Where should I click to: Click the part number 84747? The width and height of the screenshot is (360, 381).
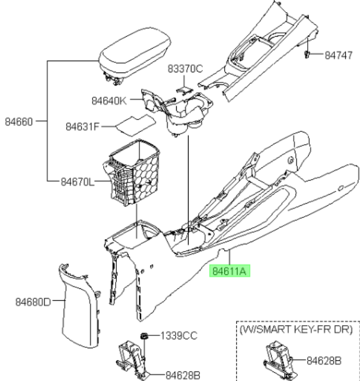coord(339,55)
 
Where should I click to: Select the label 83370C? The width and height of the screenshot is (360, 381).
coord(185,69)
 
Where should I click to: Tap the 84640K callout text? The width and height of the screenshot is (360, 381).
coord(109,101)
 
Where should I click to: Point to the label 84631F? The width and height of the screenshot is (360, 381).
coord(82,126)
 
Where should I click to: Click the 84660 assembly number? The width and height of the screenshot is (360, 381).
coord(19,122)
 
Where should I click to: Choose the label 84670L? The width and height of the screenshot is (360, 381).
coord(77,182)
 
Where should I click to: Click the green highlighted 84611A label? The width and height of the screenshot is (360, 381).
coord(230,271)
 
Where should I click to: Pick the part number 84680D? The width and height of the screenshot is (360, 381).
coord(33,302)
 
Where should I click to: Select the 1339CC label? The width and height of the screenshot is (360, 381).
coord(179,336)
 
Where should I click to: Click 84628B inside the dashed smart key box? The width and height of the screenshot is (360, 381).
coord(324,361)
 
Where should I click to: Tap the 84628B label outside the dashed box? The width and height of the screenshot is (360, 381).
coord(183,376)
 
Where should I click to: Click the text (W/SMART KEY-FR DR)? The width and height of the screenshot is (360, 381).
coord(296,329)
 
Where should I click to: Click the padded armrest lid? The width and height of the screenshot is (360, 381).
coord(135,55)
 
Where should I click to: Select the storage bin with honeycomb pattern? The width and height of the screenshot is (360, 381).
coord(132,173)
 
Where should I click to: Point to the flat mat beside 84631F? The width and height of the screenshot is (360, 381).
coord(135,125)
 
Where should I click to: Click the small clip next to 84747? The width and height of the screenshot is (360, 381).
coord(307,55)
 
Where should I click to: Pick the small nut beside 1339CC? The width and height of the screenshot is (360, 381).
coord(144,336)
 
